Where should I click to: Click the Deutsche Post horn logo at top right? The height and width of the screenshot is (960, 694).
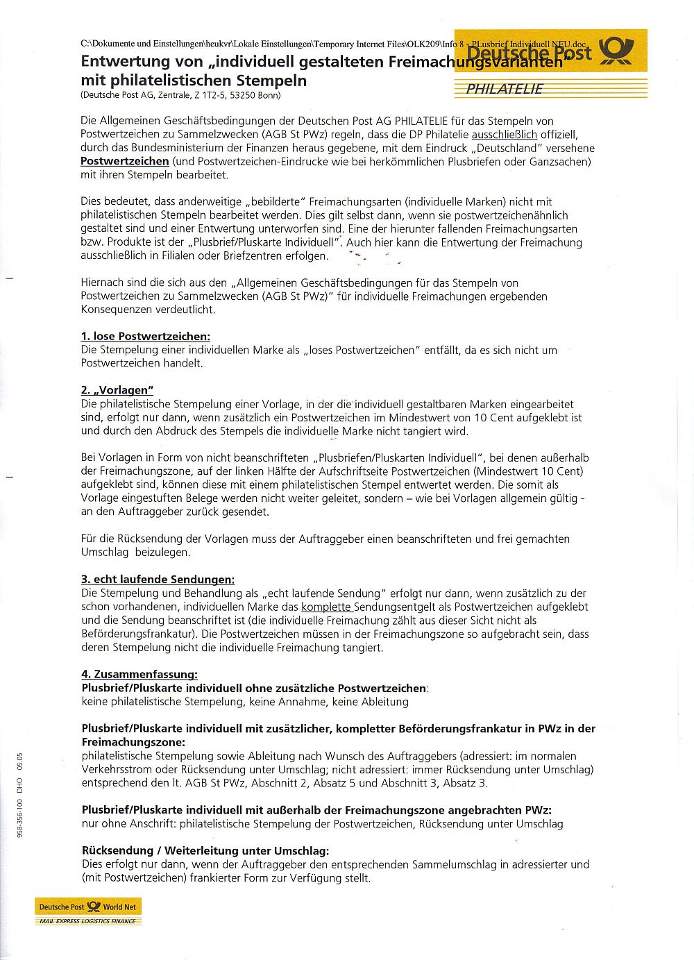(x=616, y=51)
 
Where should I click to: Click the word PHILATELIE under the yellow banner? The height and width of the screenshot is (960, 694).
(x=505, y=90)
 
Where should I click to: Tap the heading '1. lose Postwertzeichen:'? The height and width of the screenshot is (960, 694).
(x=145, y=337)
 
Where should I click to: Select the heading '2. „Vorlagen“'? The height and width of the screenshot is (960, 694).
(x=117, y=390)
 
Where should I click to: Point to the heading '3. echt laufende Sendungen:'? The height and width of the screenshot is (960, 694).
(x=158, y=580)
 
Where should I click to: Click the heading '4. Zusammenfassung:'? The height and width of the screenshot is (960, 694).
(x=139, y=674)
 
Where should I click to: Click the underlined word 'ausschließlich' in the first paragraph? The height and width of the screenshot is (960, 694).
(x=504, y=135)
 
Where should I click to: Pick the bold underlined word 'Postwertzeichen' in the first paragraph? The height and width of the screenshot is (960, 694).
(x=125, y=162)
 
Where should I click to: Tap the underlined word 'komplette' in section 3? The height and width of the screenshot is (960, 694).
(x=326, y=607)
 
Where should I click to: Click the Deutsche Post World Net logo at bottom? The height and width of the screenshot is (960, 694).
(x=88, y=907)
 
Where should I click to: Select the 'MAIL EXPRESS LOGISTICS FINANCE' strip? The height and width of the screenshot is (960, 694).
(x=88, y=921)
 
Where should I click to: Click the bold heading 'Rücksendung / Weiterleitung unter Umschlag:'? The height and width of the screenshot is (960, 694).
(x=205, y=850)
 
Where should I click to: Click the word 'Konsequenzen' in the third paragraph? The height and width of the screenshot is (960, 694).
(x=113, y=310)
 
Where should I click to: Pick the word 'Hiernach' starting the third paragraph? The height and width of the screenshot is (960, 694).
(x=101, y=283)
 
